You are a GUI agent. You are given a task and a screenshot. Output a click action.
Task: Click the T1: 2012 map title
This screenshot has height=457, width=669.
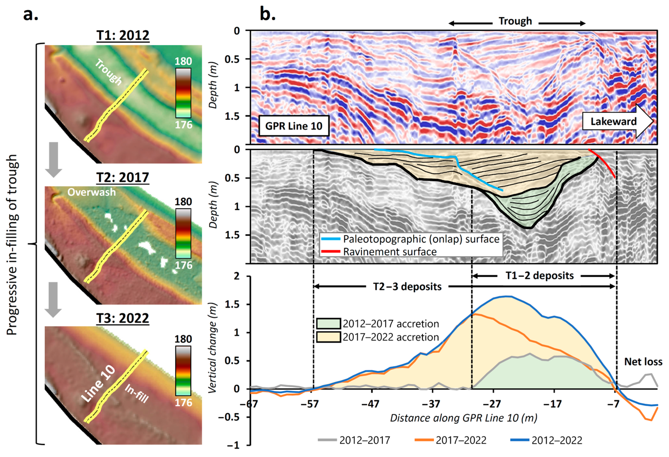click(123, 35)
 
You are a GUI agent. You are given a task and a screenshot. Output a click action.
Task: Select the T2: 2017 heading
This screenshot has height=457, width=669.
click(123, 177)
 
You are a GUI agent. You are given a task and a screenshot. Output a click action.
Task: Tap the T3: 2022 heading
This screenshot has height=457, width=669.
click(123, 318)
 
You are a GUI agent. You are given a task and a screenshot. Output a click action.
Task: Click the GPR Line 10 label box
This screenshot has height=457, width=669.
click(294, 126)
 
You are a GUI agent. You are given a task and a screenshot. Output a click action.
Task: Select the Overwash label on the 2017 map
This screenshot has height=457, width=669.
click(91, 192)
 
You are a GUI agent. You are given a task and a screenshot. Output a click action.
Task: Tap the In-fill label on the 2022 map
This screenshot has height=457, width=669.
click(136, 393)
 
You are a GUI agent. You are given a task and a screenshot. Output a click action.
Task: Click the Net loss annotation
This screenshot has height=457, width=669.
click(643, 362)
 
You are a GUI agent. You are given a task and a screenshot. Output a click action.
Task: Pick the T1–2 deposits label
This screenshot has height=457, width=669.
click(540, 276)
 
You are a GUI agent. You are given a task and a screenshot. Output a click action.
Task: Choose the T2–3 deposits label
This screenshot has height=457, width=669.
click(407, 287)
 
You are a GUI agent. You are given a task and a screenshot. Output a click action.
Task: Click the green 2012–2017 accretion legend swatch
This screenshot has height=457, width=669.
click(328, 323)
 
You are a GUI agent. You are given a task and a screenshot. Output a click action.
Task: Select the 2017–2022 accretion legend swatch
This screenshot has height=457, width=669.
click(328, 337)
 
